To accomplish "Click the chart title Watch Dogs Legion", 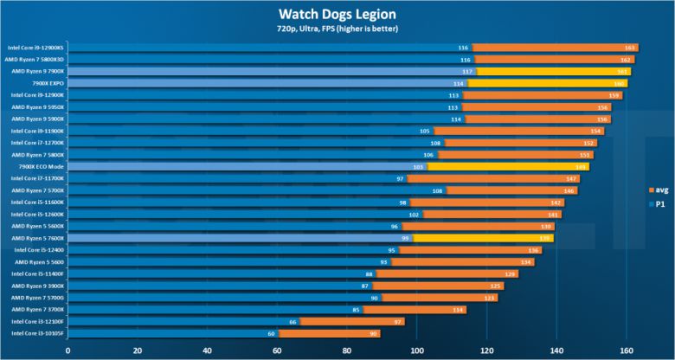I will [x=337, y=13].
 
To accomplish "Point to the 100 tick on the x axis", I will [x=417, y=350].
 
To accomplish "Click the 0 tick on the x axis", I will [x=67, y=350].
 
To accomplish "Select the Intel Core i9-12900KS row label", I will [x=35, y=48].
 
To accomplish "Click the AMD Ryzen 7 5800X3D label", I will [x=36, y=60].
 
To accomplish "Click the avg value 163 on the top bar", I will [x=630, y=48].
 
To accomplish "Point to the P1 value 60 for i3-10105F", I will [x=271, y=333].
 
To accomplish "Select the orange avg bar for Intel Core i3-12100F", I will [x=355, y=321].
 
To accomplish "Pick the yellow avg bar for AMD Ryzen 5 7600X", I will [x=485, y=238].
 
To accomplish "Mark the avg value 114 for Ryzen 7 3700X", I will [x=458, y=309].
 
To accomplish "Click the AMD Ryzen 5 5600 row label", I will [x=40, y=261].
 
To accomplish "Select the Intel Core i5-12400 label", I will [x=40, y=249].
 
